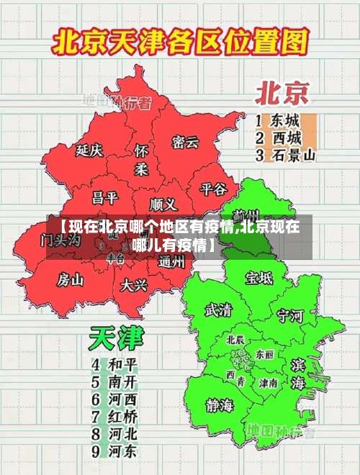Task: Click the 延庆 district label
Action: [90, 150]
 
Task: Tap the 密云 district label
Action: [185, 142]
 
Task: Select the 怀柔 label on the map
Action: [141, 160]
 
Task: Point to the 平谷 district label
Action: [213, 189]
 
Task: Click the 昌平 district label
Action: [104, 197]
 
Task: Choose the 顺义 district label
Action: [163, 204]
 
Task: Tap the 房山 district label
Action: [71, 279]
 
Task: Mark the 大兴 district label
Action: [134, 285]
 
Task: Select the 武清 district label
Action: [218, 310]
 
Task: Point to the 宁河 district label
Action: [291, 315]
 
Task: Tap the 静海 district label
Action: [220, 404]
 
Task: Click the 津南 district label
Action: [269, 384]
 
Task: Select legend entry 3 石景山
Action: [286, 154]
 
